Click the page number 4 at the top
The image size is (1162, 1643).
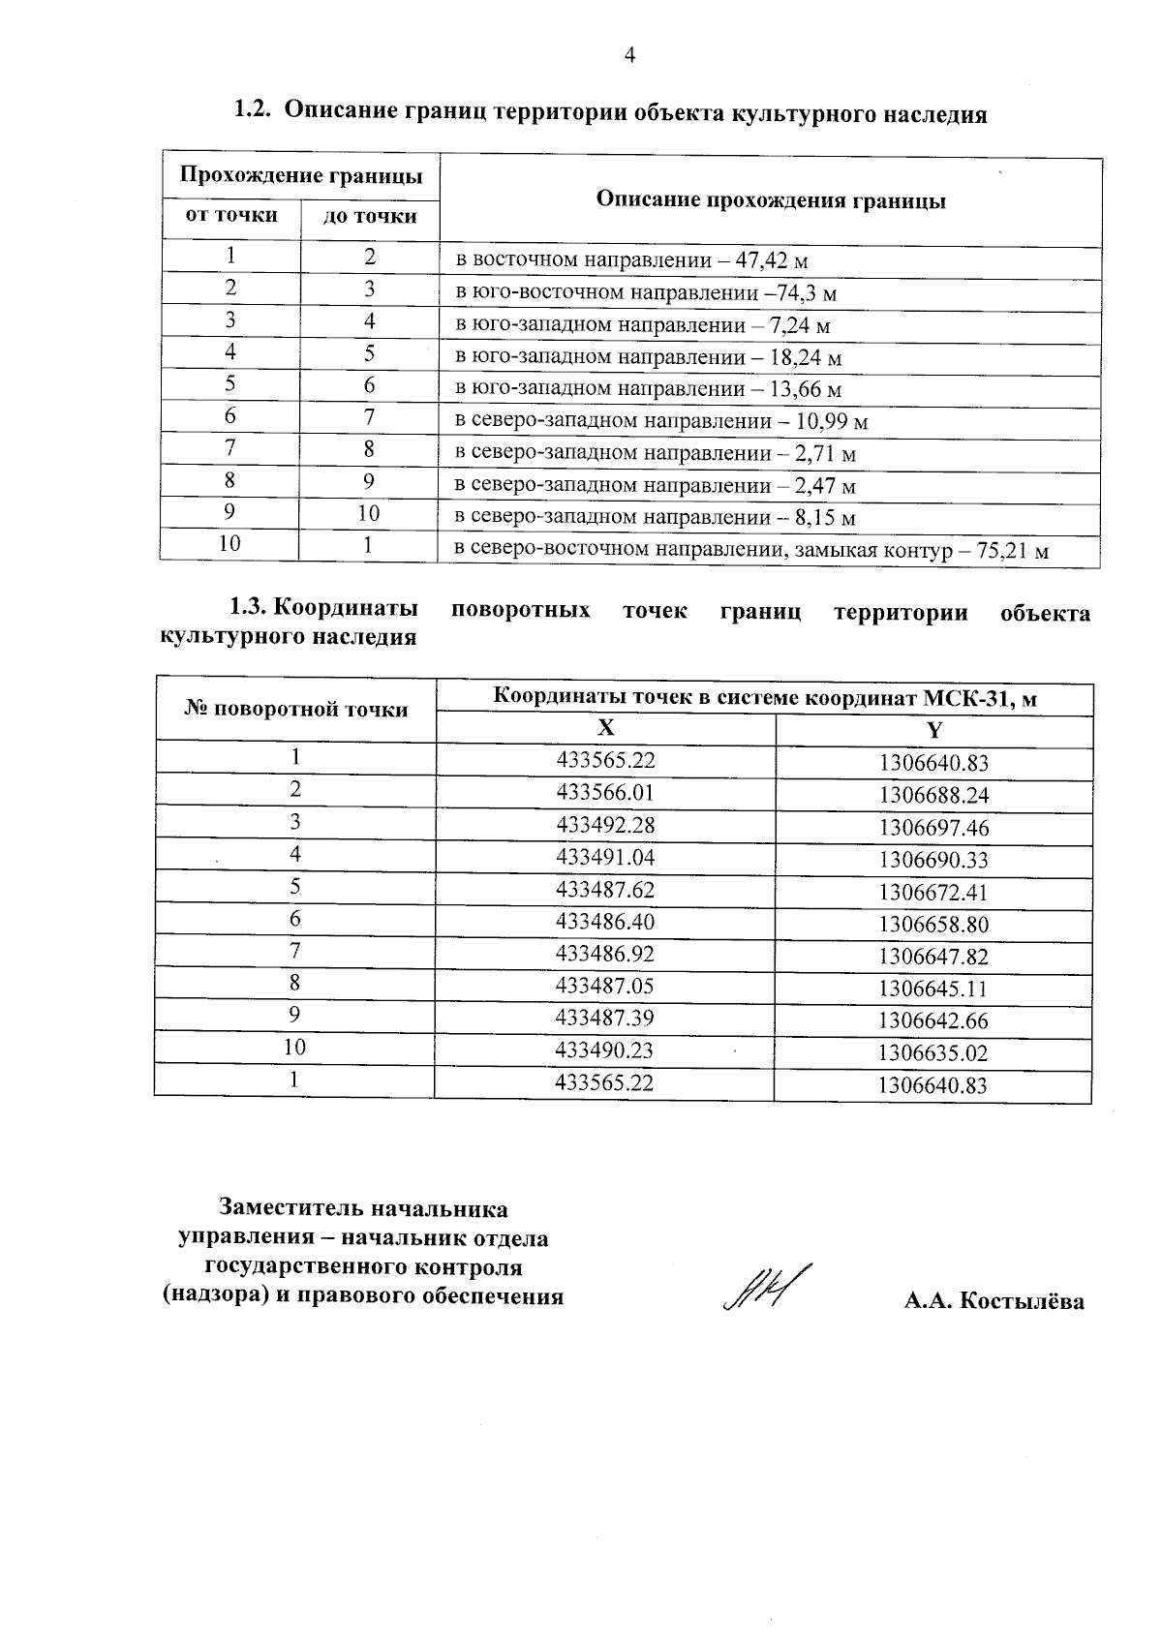[x=629, y=56]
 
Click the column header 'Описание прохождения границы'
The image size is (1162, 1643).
[x=771, y=200]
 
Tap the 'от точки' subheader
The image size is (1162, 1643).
[x=231, y=215]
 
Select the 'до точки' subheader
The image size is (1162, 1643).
[x=370, y=216]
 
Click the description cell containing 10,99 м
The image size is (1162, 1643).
[x=661, y=421]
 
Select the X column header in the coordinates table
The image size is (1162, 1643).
[x=605, y=729]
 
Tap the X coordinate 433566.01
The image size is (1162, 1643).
[x=605, y=793]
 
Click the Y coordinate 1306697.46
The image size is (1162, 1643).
[x=933, y=828]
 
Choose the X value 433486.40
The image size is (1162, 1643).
[x=605, y=922]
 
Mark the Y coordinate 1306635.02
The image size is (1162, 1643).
[x=933, y=1052]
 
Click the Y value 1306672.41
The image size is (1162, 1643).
[x=933, y=892]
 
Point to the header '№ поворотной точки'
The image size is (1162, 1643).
[x=296, y=710]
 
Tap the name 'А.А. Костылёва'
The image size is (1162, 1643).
[x=994, y=1301]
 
